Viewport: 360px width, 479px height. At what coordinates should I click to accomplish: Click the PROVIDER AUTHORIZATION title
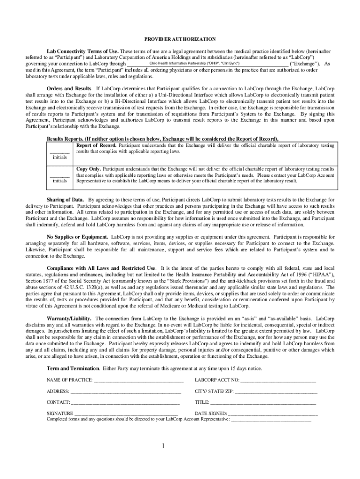tap(180, 39)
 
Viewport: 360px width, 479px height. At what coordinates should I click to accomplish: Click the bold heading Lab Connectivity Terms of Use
tap(83, 51)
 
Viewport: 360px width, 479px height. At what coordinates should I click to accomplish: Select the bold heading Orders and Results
tap(70, 88)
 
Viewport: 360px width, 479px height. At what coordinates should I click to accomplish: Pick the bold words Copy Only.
tap(88, 168)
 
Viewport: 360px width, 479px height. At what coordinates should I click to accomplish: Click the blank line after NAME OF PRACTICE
tap(138, 380)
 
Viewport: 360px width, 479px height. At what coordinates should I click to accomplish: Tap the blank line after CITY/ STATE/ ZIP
tap(276, 392)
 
